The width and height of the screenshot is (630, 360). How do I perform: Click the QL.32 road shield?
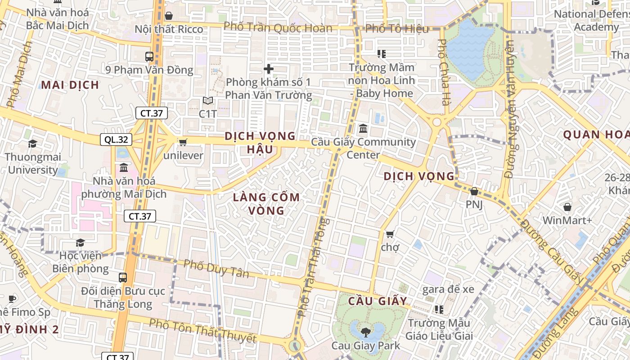tap(116, 139)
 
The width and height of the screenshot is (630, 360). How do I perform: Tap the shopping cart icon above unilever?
tap(183, 142)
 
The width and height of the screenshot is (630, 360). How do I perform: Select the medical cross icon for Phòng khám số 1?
tap(269, 69)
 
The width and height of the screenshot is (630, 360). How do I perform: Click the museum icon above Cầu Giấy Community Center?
tap(363, 129)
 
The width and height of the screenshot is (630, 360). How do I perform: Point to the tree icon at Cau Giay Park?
tap(365, 333)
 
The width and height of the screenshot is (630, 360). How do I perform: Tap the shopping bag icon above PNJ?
tap(474, 191)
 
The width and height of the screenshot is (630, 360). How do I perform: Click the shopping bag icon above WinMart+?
tap(567, 207)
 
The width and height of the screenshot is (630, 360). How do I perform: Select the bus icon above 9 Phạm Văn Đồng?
tap(149, 57)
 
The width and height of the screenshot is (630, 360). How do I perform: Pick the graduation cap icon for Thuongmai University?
tap(32, 144)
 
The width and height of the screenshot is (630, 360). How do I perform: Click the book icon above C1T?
tap(207, 100)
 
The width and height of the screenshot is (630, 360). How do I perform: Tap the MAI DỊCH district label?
tap(70, 85)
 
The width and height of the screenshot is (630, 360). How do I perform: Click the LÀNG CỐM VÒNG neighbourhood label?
tap(266, 204)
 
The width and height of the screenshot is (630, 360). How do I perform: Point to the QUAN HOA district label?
tap(596, 135)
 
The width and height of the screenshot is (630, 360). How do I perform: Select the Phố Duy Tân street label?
tap(216, 269)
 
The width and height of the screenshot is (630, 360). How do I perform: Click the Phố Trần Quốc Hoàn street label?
tap(278, 27)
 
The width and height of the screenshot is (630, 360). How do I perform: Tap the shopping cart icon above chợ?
tap(390, 234)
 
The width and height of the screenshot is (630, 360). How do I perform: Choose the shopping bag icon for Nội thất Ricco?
tap(169, 16)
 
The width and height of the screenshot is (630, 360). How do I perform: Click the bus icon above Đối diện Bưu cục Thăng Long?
tap(123, 277)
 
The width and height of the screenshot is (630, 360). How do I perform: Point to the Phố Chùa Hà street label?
tap(444, 72)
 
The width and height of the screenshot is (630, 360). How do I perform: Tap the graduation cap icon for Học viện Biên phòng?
tap(80, 243)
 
